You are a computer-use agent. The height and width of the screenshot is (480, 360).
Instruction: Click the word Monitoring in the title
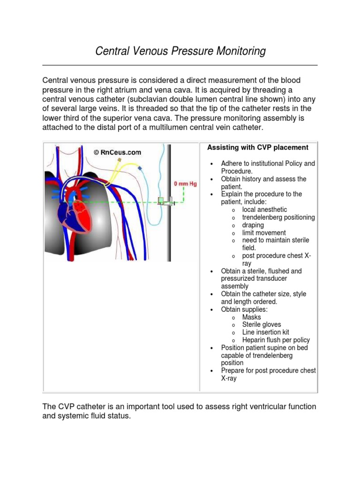pos(238,51)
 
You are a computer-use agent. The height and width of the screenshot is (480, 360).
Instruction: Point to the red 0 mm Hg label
pos(186,183)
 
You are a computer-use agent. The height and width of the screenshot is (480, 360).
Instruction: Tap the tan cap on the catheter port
pos(120,160)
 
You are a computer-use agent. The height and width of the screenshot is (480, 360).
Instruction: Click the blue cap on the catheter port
pos(139,167)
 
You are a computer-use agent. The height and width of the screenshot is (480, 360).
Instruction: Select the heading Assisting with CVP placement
pos(258,148)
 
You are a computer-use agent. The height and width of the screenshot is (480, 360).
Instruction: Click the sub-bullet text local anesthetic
pos(264,210)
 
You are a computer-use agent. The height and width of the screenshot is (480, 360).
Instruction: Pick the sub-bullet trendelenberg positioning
pos(278,217)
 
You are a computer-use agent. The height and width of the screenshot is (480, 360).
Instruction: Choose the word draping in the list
pos(253,225)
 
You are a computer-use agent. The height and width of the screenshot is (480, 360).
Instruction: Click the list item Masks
pos(252,317)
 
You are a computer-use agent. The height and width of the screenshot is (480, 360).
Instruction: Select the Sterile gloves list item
pos(262,324)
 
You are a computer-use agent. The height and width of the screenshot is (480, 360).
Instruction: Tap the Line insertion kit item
pos(265,332)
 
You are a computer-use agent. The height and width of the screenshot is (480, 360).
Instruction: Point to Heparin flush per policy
pos(276,340)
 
